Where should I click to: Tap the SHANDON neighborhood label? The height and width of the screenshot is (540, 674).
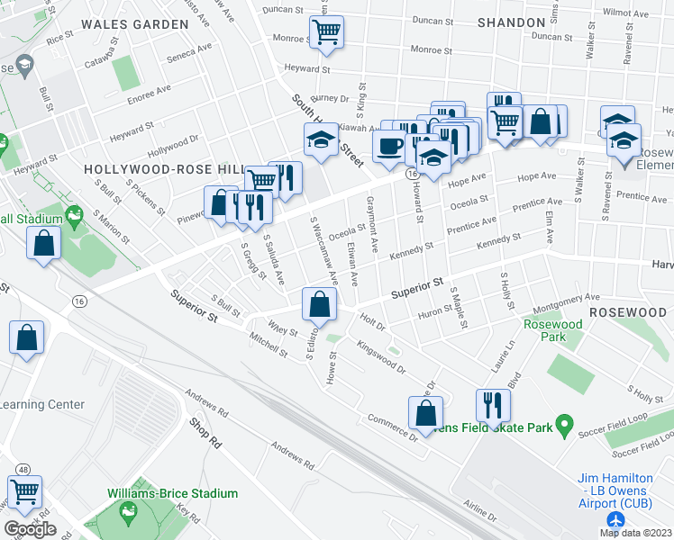(x=510, y=21)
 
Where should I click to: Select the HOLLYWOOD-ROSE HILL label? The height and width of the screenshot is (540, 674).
(x=164, y=169)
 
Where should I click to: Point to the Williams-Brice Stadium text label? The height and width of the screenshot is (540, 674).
(x=172, y=493)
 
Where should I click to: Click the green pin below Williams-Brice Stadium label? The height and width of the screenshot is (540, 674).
(x=127, y=514)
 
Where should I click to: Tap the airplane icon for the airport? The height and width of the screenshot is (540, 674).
(x=616, y=521)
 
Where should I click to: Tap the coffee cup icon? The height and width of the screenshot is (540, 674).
(x=388, y=145)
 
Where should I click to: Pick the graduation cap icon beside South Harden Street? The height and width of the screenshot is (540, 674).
(x=321, y=139)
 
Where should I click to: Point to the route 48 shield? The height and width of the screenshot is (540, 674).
(x=23, y=469)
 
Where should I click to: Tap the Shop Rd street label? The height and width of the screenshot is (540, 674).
(x=205, y=433)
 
